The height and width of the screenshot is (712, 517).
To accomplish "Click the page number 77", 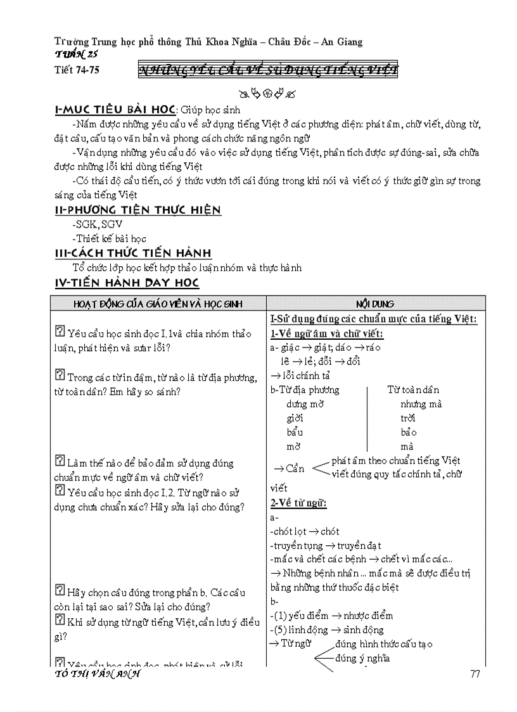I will (475, 673).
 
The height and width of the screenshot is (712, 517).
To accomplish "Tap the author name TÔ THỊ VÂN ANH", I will (98, 673).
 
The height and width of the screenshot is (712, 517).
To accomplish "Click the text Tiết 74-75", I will (77, 70).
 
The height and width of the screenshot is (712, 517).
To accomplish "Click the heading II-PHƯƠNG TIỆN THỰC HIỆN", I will (137, 210).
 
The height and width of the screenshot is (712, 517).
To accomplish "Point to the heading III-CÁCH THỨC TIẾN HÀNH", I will (134, 253).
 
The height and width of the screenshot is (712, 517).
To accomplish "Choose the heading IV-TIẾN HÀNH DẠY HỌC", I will (127, 283).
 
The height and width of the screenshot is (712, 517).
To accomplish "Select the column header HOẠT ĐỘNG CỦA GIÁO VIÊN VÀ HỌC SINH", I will (158, 304).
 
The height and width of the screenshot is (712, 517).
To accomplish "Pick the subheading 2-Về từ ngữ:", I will (298, 503).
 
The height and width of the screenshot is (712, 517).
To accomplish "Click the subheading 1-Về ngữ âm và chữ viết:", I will (326, 333).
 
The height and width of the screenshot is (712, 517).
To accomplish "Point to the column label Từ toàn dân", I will (413, 390).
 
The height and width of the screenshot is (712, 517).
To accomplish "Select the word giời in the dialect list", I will (295, 418).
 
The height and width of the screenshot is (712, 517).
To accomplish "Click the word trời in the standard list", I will (407, 418).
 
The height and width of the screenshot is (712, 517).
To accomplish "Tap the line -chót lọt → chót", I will (304, 531).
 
